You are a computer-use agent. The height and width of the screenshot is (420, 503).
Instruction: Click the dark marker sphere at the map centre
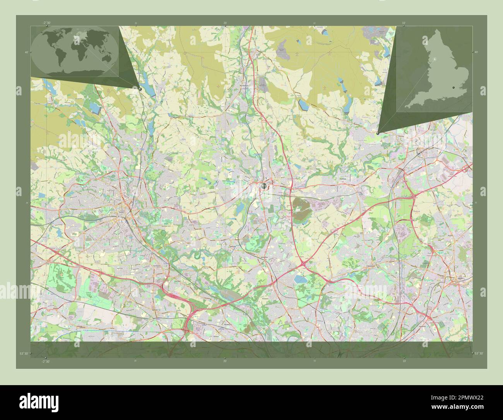pos(263,186)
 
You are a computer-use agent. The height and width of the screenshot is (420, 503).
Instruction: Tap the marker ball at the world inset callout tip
pos(140,89)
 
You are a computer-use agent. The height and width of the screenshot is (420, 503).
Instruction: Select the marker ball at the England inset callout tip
pos(378,133)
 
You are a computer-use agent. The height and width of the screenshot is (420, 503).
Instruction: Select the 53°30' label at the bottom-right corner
pos(479,353)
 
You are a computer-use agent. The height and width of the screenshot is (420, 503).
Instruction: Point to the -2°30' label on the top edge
pos(46,23)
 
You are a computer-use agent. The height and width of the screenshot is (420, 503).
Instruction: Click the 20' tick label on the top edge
pos(225,23)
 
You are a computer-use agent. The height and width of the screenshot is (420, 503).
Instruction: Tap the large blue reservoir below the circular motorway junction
pos(299,279)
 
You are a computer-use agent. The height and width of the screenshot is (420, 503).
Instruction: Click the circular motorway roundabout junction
pos(303,265)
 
